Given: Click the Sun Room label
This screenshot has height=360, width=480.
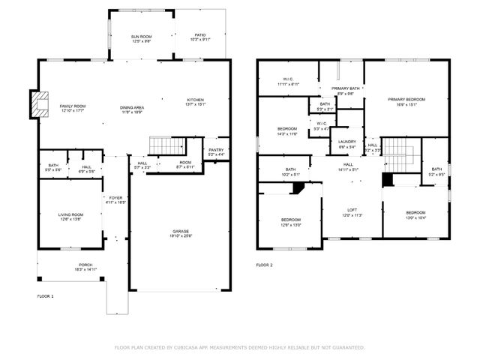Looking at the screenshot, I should point(141,37).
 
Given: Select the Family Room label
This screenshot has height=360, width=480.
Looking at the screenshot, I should point(73,108).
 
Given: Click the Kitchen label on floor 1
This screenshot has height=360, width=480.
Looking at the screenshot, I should point(195,102).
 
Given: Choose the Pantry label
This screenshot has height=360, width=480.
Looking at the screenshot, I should point(216,151).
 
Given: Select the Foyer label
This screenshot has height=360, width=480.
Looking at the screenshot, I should point(115,199).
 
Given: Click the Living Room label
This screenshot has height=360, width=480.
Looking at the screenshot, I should point(70,217).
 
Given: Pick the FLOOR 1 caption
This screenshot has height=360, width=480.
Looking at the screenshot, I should point(46,297).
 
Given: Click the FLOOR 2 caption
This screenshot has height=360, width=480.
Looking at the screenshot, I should point(264,265).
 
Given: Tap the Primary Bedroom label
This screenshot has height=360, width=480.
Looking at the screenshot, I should point(406,101).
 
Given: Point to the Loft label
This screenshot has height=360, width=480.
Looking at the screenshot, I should point(352,212).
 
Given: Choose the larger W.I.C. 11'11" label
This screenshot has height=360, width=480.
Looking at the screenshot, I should point(288,82).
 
